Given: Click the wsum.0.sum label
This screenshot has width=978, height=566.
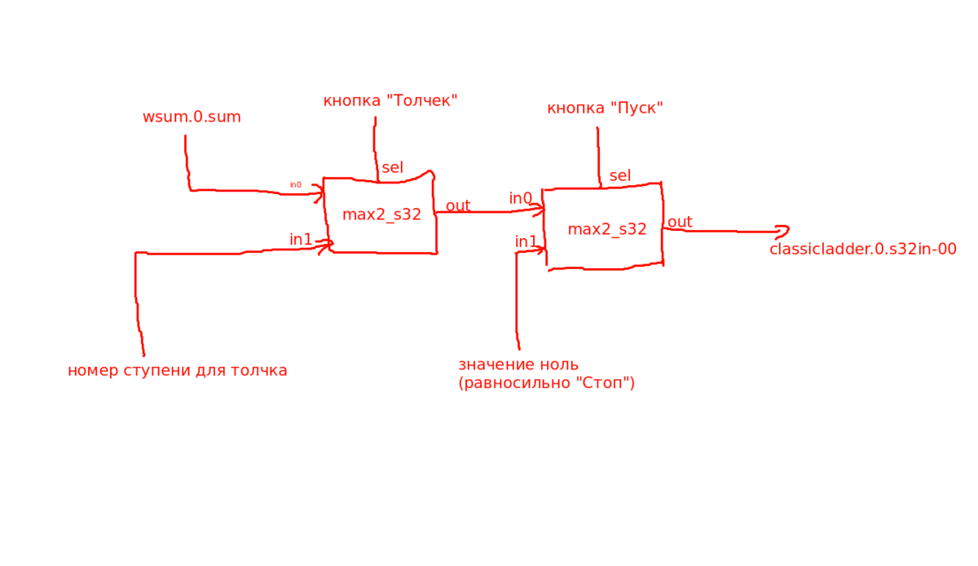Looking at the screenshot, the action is pyautogui.click(x=192, y=117).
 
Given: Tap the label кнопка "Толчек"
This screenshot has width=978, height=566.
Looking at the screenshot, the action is pyautogui.click(x=390, y=100).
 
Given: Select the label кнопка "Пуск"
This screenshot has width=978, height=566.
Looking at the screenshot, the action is pyautogui.click(x=605, y=108).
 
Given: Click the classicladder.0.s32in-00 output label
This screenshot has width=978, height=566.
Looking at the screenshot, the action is pyautogui.click(x=863, y=249).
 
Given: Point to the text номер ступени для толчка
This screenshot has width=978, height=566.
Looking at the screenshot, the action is pyautogui.click(x=178, y=370).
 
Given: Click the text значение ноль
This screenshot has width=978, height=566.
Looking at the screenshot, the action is pyautogui.click(x=518, y=364).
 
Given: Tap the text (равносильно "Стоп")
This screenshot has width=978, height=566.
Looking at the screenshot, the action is pyautogui.click(x=546, y=382).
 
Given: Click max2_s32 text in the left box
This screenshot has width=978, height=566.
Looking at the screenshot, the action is pyautogui.click(x=381, y=214).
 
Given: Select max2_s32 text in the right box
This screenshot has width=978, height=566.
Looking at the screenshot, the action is pyautogui.click(x=607, y=229).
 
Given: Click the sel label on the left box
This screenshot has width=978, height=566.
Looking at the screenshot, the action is pyautogui.click(x=392, y=167).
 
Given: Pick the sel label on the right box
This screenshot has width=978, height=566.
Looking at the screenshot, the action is pyautogui.click(x=620, y=175).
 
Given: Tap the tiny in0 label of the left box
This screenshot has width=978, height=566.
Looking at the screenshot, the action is pyautogui.click(x=296, y=185).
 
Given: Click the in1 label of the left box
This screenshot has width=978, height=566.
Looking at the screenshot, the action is pyautogui.click(x=301, y=240).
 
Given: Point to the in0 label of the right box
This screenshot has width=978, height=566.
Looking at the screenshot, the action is pyautogui.click(x=521, y=198).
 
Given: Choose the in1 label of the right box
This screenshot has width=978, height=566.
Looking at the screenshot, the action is pyautogui.click(x=526, y=241).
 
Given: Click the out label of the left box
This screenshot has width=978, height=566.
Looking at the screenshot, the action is pyautogui.click(x=458, y=206).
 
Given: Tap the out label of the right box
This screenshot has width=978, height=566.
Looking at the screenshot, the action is pyautogui.click(x=680, y=222).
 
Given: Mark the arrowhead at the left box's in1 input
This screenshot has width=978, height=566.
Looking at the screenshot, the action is pyautogui.click(x=326, y=246).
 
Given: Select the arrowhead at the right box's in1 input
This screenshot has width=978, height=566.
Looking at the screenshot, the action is pyautogui.click(x=540, y=250).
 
